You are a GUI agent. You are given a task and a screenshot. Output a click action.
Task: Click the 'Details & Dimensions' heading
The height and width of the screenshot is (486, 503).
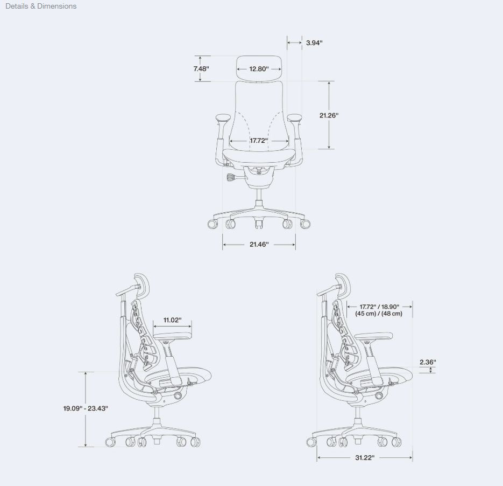pyautogui.click(x=41, y=6)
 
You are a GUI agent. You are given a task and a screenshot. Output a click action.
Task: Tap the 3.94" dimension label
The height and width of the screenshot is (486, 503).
pyautogui.click(x=314, y=43)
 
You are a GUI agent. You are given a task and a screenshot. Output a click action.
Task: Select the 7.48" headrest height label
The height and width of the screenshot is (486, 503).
pyautogui.click(x=201, y=68)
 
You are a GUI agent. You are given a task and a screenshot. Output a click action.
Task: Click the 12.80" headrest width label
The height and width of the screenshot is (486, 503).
pyautogui.click(x=259, y=69)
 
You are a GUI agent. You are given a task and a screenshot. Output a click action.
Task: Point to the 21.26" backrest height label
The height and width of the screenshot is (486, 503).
pyautogui.click(x=329, y=115)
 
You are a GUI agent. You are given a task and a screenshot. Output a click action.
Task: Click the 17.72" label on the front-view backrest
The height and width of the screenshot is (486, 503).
pyautogui.click(x=259, y=141)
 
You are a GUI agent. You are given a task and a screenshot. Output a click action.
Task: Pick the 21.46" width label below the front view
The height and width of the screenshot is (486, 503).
pyautogui.click(x=259, y=244)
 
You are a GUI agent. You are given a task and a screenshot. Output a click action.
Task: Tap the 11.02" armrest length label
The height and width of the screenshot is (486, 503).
pyautogui.click(x=172, y=320)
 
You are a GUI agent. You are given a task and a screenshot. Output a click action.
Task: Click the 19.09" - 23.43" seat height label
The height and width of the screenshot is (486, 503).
pyautogui.click(x=86, y=408)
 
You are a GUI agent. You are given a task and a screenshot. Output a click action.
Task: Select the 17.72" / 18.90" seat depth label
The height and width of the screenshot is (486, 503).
pyautogui.click(x=379, y=307)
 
